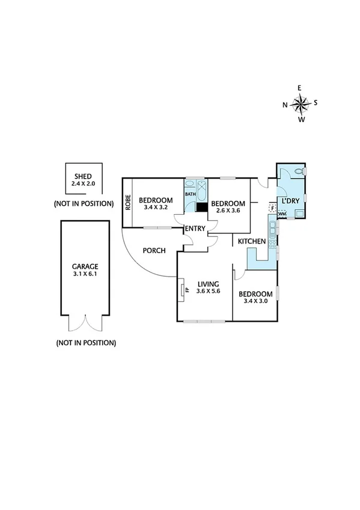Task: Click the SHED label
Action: point(84,176)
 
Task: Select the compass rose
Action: point(300,104)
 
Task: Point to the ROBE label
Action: point(128,203)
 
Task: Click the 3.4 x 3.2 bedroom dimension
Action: point(156,207)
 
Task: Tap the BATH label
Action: point(190,194)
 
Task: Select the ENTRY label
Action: point(195,229)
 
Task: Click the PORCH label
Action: point(154,250)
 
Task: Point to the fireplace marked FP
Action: point(182,290)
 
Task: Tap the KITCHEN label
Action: point(252,241)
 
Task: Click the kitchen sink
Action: point(272,229)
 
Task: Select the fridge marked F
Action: point(272,208)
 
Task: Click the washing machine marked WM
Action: point(282,214)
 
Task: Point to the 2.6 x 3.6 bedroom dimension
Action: point(228,211)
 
